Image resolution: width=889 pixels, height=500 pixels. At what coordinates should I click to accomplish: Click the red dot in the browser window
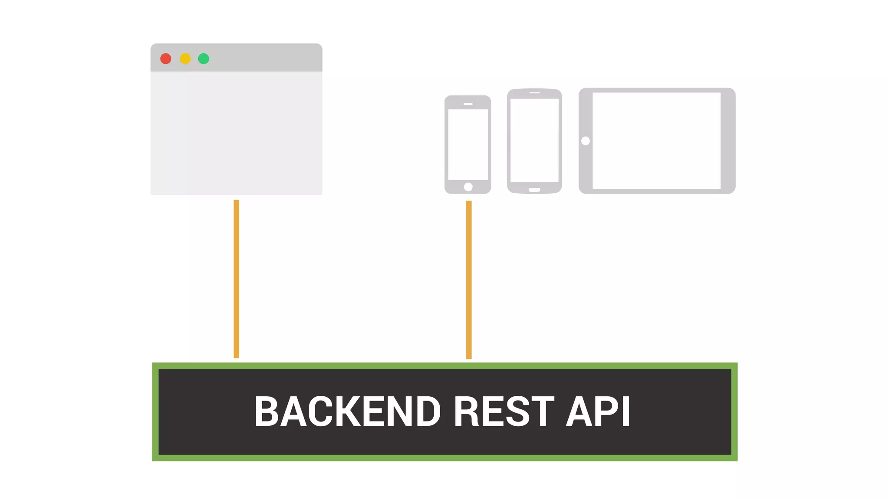click(166, 59)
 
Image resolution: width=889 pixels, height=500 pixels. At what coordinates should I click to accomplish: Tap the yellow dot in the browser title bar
click(185, 59)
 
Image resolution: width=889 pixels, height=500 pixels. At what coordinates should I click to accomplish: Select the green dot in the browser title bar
click(204, 59)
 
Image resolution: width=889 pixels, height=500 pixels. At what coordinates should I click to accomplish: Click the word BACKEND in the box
click(347, 411)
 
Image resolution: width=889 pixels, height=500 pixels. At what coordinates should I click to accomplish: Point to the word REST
click(504, 411)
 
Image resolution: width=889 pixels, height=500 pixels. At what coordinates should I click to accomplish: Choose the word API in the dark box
click(598, 411)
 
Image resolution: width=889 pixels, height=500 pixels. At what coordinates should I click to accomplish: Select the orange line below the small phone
click(469, 280)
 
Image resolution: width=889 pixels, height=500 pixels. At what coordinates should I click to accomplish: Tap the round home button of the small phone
click(468, 187)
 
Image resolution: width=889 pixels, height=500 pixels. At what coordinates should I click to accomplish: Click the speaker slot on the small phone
click(468, 104)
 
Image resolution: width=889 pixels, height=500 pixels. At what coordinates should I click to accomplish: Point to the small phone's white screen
click(468, 144)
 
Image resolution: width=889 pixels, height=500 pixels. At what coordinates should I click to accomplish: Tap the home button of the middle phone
click(534, 190)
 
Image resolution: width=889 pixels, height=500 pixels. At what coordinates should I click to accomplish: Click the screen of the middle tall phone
click(534, 140)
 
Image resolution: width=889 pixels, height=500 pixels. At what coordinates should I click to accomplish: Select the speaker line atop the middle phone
click(534, 93)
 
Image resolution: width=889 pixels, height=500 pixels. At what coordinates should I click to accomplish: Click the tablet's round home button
click(586, 141)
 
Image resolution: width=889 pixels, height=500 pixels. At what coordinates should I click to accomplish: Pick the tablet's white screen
click(656, 141)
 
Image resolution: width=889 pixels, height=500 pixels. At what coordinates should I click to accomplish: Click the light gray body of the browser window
click(236, 133)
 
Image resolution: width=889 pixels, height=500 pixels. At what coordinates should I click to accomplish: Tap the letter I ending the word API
click(626, 411)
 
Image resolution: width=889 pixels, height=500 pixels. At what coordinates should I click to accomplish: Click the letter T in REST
click(543, 411)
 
